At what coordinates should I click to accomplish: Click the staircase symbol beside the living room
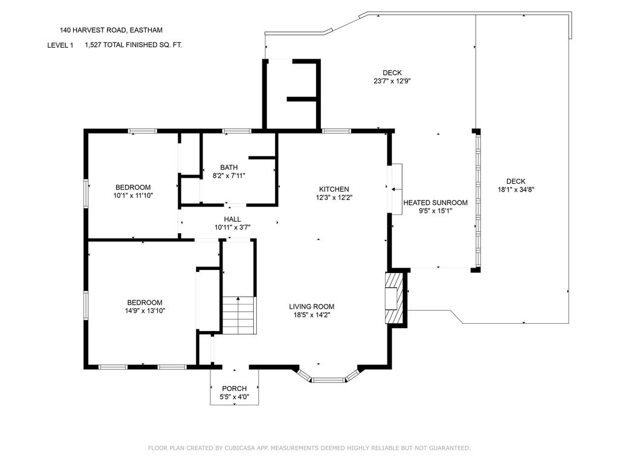point(238,315)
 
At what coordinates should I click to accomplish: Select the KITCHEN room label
point(334,189)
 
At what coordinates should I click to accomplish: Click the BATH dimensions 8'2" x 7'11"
point(229,176)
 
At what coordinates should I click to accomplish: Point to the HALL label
point(232,219)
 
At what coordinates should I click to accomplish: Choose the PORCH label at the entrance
point(234,388)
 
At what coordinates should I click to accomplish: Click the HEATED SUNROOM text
point(435,203)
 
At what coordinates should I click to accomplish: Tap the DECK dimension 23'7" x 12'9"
point(392,82)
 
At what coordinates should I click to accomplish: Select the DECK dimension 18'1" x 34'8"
point(516,190)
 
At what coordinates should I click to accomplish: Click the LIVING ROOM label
point(311,306)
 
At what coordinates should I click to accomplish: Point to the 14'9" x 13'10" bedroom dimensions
point(145,311)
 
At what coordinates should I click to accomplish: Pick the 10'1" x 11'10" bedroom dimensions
point(133,195)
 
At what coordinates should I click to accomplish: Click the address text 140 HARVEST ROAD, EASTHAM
point(111,30)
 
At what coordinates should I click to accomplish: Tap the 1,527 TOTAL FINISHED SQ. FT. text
point(134,45)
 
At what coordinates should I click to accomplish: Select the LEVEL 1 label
point(60,45)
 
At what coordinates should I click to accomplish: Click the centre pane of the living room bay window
point(328,381)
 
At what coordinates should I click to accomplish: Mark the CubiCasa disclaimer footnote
point(309,448)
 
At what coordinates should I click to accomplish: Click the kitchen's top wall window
point(336,130)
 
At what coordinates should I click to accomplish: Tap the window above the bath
point(236,130)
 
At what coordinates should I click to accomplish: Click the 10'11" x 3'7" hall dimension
point(233,227)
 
